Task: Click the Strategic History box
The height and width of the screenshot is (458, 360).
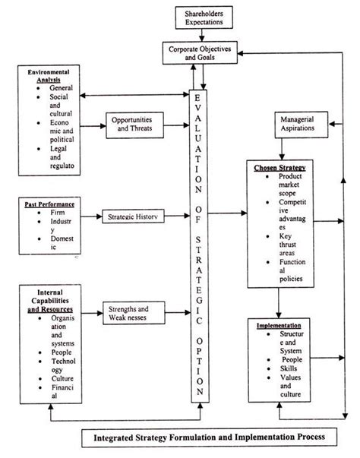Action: coord(135,216)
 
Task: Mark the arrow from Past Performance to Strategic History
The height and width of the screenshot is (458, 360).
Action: coord(90,216)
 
